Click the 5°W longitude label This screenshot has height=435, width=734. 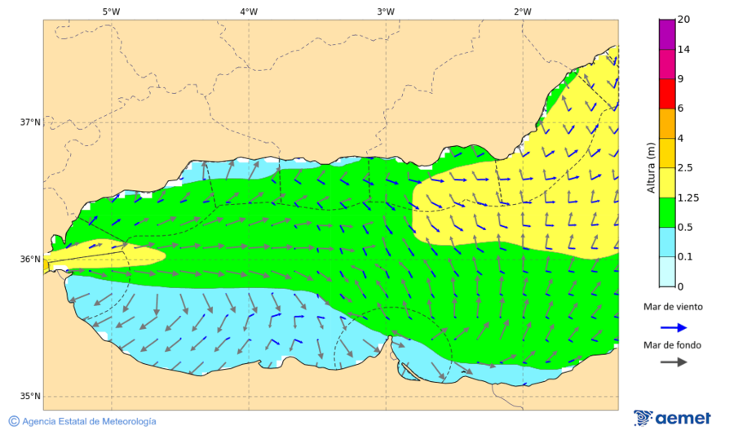[x=112, y=11]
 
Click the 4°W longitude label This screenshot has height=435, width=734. [x=249, y=11]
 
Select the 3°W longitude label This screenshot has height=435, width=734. [x=386, y=11]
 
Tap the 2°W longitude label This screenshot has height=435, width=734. [x=523, y=11]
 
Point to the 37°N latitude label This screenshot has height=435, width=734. [x=30, y=122]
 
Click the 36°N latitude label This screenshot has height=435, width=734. [x=30, y=260]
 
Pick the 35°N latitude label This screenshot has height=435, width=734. [x=30, y=397]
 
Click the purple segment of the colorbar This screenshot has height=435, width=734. [x=667, y=34]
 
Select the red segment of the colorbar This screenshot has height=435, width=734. [x=667, y=93]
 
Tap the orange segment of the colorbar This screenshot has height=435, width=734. [x=667, y=123]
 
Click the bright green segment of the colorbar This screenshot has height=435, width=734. [x=667, y=212]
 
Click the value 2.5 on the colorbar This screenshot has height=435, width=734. [x=686, y=168]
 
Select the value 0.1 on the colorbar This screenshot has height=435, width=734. [x=686, y=257]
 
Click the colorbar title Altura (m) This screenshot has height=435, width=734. [x=651, y=168]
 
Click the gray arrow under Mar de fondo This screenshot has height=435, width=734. [x=673, y=362]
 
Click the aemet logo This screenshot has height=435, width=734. [x=672, y=418]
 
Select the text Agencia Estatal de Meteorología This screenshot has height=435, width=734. [x=89, y=421]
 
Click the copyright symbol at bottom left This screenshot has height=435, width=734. [x=14, y=421]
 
